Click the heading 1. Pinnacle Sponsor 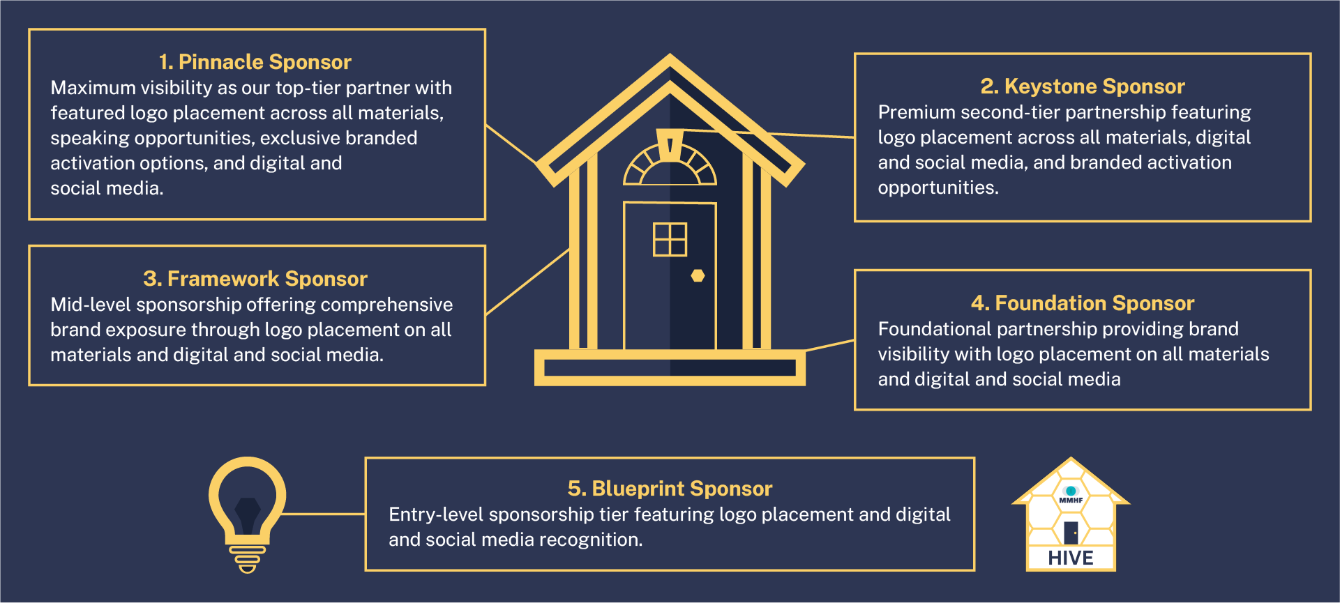pos(255,62)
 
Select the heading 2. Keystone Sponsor pos(1082,86)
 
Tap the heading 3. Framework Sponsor pos(255,279)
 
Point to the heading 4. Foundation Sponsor pos(1082,303)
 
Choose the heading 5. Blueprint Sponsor pos(670,489)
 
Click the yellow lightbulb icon pos(247,502)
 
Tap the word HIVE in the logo pos(1070,558)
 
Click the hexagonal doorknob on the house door pos(698,275)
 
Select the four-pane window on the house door pos(670,239)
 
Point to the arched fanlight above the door pos(670,167)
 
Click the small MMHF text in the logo pos(1071,501)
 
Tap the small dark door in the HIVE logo pos(1071,533)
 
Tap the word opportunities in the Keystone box pos(938,188)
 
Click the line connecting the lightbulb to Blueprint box pos(324,514)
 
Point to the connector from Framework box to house pos(527,282)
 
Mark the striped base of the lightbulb pos(247,558)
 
